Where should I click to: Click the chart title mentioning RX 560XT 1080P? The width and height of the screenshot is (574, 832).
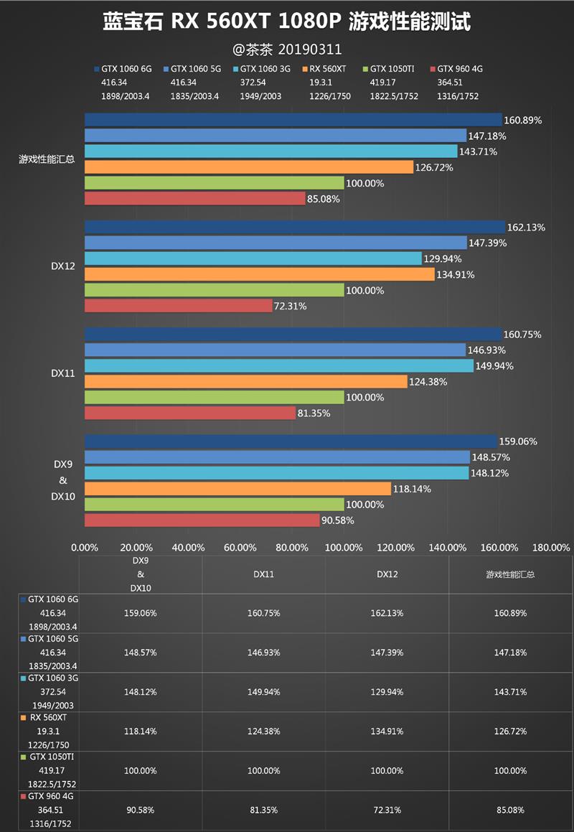click(287, 23)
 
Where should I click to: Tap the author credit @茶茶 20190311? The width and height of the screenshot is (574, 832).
click(287, 50)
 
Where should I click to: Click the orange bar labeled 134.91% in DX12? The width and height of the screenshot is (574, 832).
click(259, 274)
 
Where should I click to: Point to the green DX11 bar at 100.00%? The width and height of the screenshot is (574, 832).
click(214, 397)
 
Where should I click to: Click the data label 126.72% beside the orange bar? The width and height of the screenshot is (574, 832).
click(436, 167)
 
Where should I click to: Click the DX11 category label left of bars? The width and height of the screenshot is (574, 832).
click(62, 373)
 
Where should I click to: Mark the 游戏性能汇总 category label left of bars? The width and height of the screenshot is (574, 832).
click(47, 159)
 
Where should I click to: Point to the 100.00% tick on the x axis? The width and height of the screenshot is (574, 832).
click(344, 547)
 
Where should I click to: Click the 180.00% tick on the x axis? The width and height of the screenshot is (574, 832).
click(551, 547)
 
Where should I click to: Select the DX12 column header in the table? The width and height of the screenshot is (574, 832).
click(387, 574)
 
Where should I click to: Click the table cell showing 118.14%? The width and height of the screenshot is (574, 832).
click(141, 731)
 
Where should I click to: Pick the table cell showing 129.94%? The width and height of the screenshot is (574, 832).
click(387, 692)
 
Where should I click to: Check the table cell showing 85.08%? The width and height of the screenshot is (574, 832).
click(510, 810)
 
